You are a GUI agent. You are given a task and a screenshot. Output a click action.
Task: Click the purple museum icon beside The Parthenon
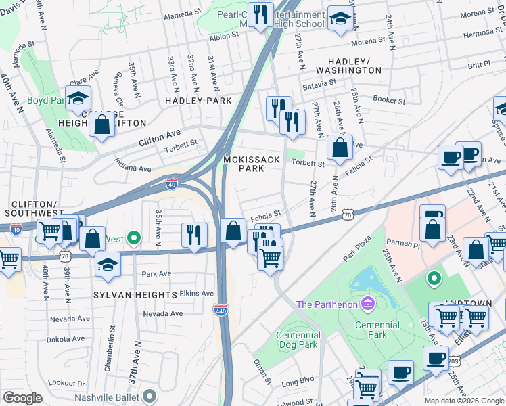(367, 304)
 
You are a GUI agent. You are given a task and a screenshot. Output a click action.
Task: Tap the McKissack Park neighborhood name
(244, 164)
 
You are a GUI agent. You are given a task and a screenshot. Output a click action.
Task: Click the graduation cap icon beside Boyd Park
(78, 97)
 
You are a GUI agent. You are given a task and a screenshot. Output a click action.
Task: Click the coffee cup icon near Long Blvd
(402, 371)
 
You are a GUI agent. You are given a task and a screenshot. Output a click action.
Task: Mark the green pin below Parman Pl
(434, 277)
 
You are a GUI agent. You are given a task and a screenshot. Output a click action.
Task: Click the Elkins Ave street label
(197, 294)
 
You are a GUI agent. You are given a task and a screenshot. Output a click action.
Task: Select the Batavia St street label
(319, 83)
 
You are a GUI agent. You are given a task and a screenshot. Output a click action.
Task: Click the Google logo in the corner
(22, 398)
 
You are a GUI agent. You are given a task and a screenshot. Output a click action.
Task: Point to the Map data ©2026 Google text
(463, 401)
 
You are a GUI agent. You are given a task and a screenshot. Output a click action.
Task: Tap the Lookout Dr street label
(67, 382)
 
